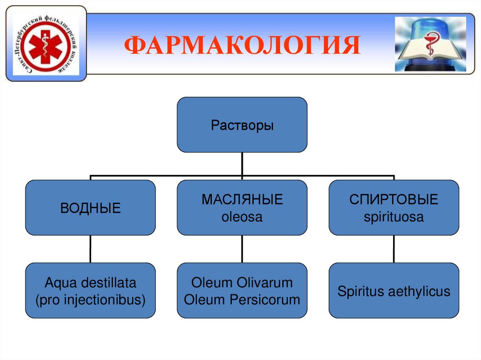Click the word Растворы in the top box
pyautogui.click(x=242, y=125)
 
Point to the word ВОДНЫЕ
pyautogui.click(x=91, y=208)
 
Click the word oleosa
pyautogui.click(x=242, y=217)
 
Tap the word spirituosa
pyautogui.click(x=394, y=217)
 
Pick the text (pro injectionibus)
pyautogui.click(x=91, y=299)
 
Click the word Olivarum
pyautogui.click(x=265, y=283)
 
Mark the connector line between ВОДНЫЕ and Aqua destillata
pyautogui.click(x=90, y=249)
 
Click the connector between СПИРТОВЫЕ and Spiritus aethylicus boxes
pyautogui.click(x=394, y=249)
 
